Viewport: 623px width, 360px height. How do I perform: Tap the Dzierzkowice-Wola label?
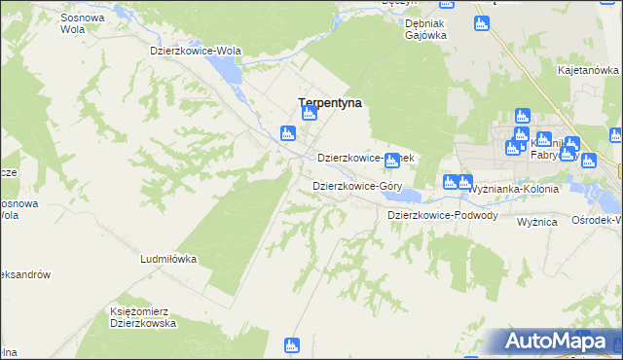pos(195,51)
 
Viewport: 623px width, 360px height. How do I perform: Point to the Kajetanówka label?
pos(589,70)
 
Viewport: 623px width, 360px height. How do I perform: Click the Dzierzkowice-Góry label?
pos(357,185)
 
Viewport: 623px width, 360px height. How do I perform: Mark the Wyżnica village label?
pos(536,222)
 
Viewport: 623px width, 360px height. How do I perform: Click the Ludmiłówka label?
pos(169,260)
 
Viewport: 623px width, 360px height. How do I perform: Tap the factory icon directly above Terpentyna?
pos(309,114)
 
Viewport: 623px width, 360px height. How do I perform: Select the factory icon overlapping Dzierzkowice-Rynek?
pos(392,160)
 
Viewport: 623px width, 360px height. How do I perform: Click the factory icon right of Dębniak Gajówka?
pos(480,22)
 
